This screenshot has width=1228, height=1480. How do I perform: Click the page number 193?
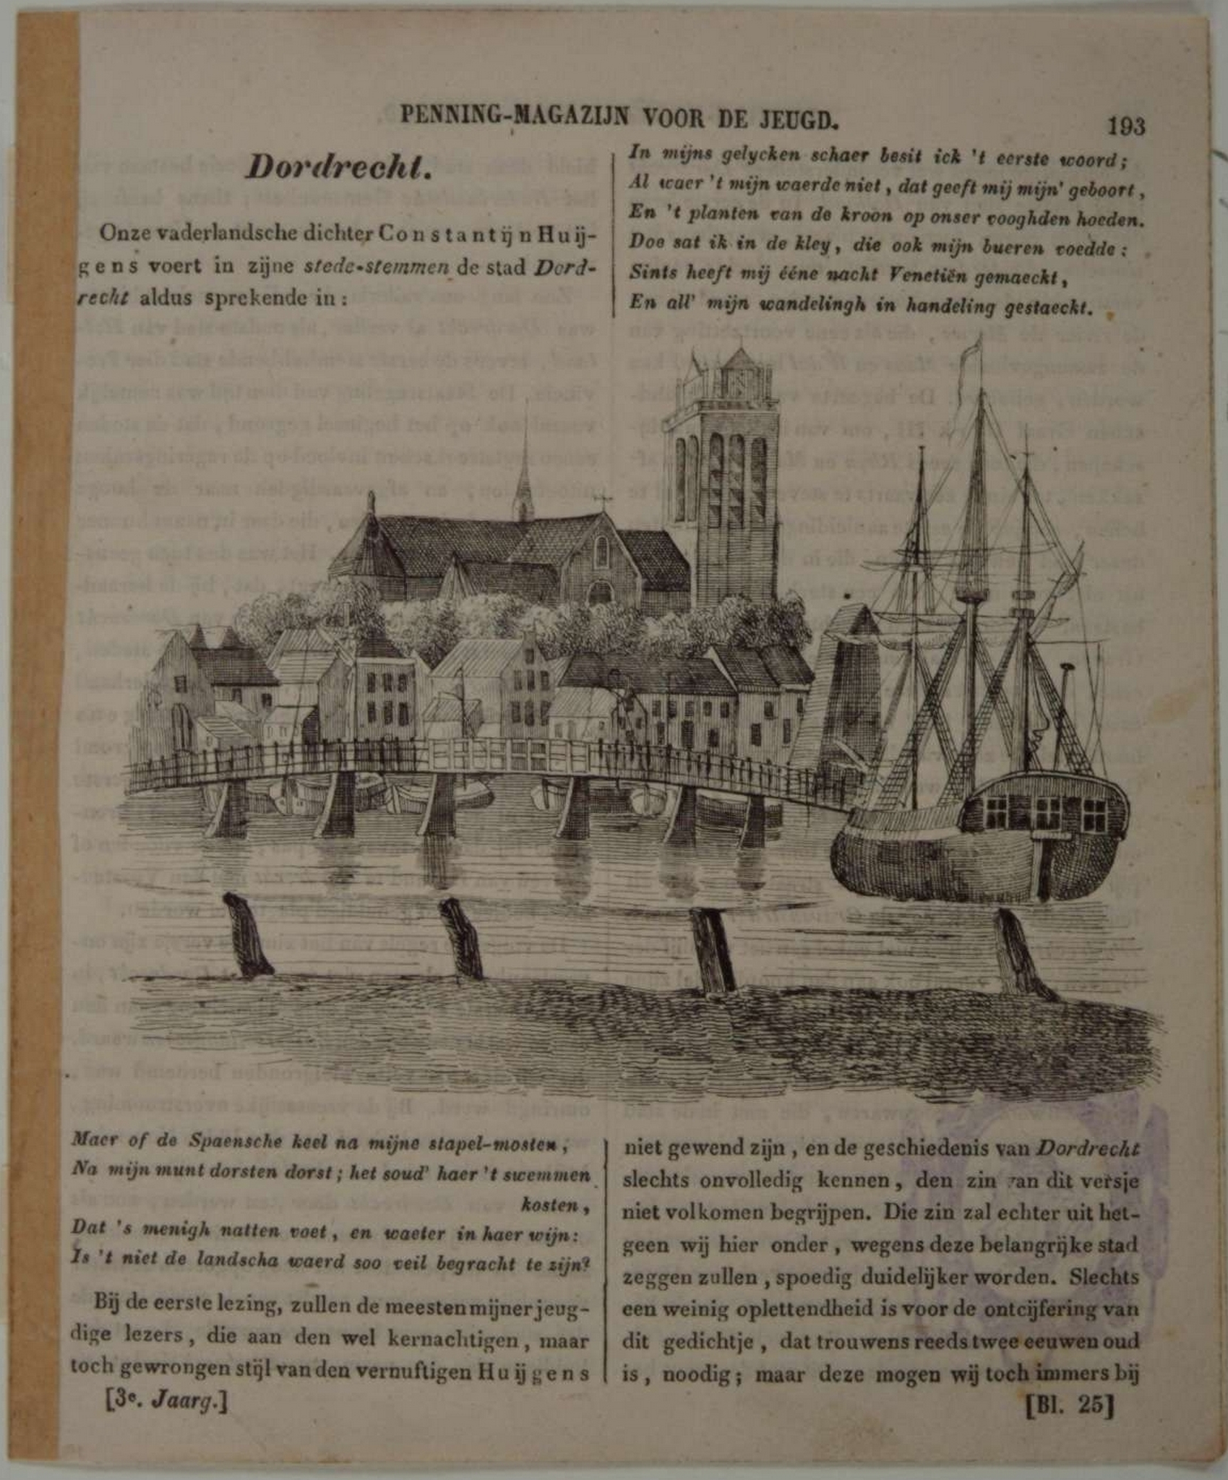(x=1125, y=126)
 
